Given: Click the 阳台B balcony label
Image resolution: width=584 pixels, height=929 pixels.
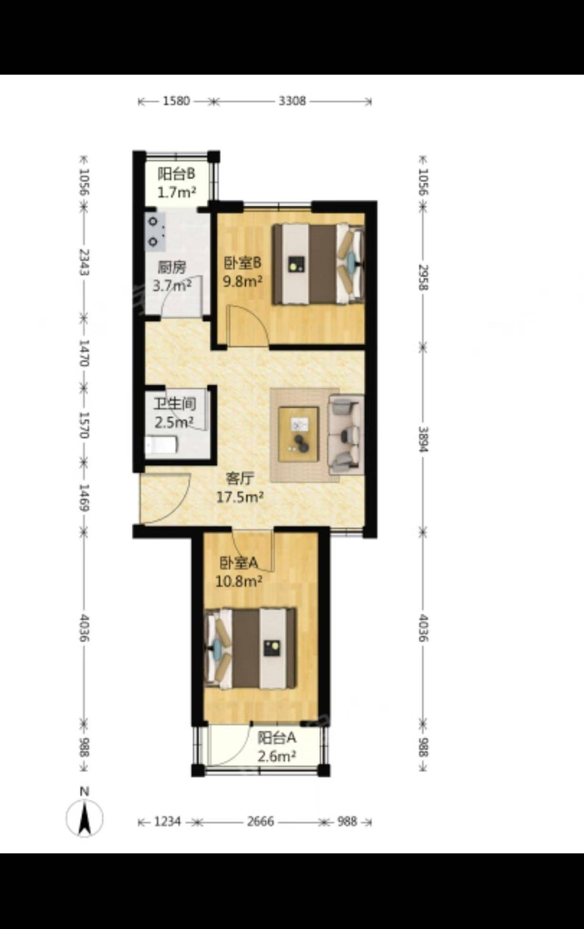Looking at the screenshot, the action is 176,174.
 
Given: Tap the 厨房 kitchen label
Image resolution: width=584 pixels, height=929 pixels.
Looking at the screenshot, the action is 172,268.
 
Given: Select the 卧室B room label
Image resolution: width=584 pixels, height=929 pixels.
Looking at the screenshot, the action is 243,263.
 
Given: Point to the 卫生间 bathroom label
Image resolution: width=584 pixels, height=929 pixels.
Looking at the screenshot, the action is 174,404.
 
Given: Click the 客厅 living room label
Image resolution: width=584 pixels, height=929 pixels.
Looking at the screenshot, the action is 240,478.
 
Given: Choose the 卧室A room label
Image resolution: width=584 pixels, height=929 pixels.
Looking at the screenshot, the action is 238,563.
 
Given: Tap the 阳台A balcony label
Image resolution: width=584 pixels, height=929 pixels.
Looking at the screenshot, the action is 277,738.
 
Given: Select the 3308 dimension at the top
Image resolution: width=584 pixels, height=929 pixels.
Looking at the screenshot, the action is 292,101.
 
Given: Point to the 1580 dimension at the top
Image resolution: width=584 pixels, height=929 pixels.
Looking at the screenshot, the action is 176,101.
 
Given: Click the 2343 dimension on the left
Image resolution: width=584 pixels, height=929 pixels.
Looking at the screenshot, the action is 84,262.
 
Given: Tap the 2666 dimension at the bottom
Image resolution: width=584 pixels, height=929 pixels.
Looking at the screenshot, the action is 260,821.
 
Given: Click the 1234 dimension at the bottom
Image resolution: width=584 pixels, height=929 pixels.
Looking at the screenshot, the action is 167,821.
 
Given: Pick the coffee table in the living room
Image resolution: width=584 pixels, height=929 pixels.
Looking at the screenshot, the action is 299,434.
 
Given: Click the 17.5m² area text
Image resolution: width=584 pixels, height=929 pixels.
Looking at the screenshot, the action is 240,497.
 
